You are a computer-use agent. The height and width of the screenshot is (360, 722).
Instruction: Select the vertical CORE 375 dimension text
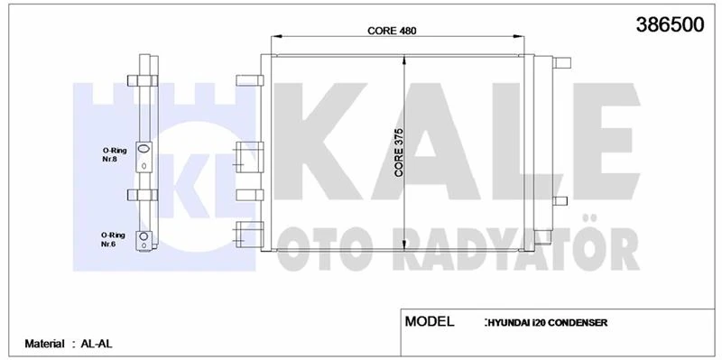click(x=398, y=151)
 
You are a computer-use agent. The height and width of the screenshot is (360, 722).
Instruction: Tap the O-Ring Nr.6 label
click(x=116, y=238)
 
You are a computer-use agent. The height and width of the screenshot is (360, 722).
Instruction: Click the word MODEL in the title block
click(x=430, y=321)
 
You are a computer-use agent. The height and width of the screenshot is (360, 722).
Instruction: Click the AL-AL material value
click(x=95, y=344)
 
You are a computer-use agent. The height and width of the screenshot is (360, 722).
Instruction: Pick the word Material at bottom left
click(x=45, y=344)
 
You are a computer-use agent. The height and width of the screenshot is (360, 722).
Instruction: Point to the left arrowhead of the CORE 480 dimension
click(x=277, y=38)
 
